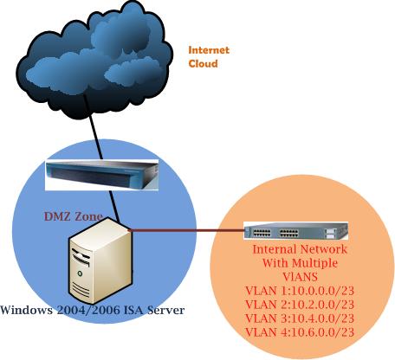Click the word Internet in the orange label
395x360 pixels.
pyautogui.click(x=209, y=50)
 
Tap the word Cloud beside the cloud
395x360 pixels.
pyautogui.click(x=203, y=63)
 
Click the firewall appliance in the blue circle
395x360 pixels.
pyautogui.click(x=102, y=175)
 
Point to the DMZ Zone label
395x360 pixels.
pyautogui.click(x=74, y=216)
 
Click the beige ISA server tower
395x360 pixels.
pyautogui.click(x=100, y=260)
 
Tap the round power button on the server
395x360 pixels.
pyautogui.click(x=80, y=273)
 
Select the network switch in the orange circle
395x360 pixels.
pyautogui.click(x=295, y=231)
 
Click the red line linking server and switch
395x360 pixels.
pyautogui.click(x=187, y=230)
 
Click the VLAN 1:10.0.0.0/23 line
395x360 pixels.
pyautogui.click(x=300, y=291)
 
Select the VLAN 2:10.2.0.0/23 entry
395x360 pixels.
pyautogui.click(x=300, y=305)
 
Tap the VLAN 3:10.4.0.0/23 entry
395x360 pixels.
pyautogui.click(x=300, y=318)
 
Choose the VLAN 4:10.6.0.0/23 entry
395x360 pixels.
pyautogui.click(x=300, y=332)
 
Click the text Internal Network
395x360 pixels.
pyautogui.click(x=300, y=249)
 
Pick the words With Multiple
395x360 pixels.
pyautogui.click(x=300, y=263)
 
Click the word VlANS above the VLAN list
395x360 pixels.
pyautogui.click(x=301, y=277)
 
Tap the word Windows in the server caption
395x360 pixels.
pyautogui.click(x=27, y=310)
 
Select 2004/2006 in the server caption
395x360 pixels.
pyautogui.click(x=88, y=310)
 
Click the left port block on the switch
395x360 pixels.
pyautogui.click(x=262, y=233)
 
